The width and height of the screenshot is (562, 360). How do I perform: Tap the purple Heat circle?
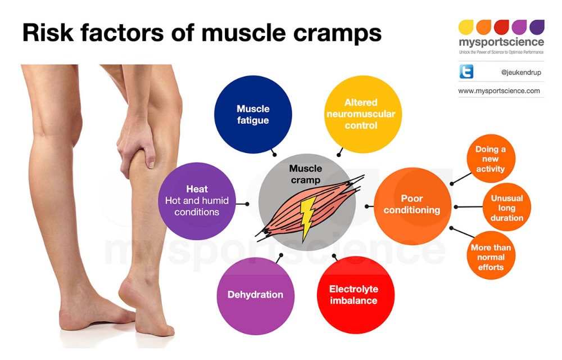point(197,201)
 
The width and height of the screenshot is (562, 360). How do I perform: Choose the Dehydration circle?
point(256,295)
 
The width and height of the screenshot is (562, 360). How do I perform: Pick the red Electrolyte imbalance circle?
point(354,295)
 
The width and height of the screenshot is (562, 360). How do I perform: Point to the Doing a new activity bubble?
point(491,159)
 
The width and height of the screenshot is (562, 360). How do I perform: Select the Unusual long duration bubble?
point(506,208)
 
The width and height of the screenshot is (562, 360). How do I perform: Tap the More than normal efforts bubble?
point(491,257)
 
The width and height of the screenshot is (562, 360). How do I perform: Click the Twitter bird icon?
point(466,71)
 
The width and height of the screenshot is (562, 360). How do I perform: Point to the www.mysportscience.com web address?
point(499,91)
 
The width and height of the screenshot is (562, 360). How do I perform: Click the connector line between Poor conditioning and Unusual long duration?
point(468,207)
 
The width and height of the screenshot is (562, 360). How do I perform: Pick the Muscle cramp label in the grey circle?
point(306,174)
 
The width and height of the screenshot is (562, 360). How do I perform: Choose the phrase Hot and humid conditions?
point(197,206)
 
